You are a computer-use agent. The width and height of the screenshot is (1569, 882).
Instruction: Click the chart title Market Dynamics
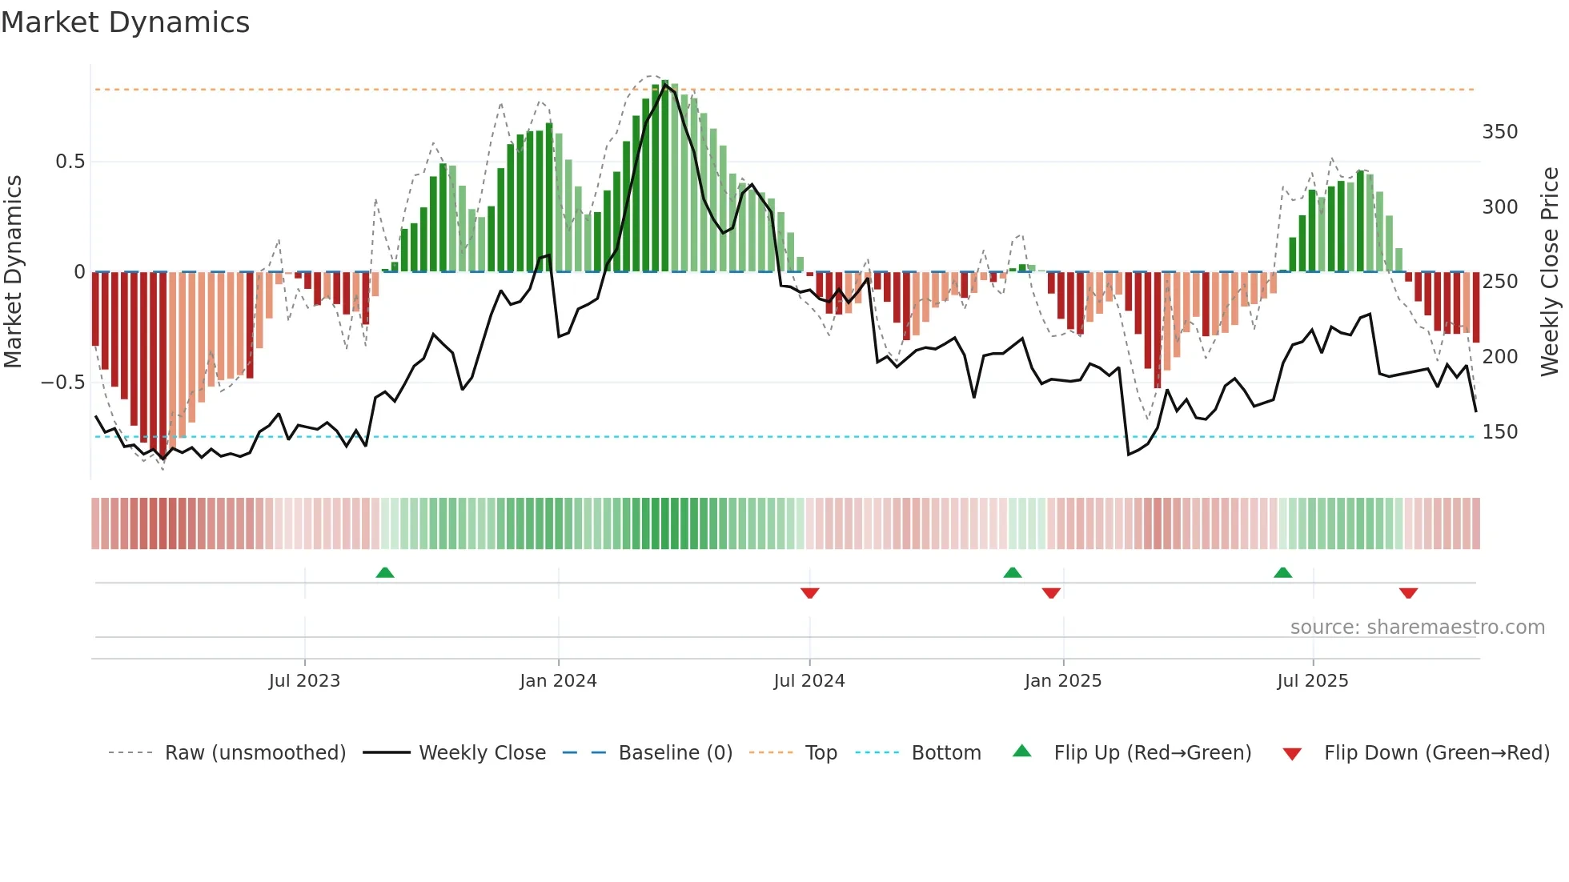tap(126, 22)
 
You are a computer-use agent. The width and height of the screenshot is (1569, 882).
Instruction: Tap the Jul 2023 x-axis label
tap(304, 681)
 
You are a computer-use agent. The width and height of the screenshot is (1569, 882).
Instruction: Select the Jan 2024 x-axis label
tap(558, 681)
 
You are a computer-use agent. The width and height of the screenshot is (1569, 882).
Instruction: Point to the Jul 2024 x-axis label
tap(809, 681)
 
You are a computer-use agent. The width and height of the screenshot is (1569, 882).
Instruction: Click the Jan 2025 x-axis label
tap(1063, 681)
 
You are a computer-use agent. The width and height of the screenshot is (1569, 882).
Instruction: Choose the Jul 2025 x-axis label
tap(1313, 681)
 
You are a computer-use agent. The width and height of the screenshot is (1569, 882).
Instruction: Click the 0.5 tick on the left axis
tap(70, 162)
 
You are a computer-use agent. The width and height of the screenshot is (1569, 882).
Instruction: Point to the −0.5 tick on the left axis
tap(63, 383)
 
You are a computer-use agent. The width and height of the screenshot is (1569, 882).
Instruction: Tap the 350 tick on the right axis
tap(1499, 132)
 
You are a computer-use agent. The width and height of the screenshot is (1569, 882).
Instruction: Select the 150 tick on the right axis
tap(1499, 432)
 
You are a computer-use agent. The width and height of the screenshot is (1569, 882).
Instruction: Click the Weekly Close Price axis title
tap(1551, 272)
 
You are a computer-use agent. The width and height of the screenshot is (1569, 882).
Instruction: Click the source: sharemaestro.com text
tap(1417, 627)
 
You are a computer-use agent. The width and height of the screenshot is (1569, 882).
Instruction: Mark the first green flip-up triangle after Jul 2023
tap(385, 572)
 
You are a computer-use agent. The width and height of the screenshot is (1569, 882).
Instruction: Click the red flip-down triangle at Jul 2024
tap(809, 593)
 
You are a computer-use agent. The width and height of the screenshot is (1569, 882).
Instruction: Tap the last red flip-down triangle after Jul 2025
tap(1408, 593)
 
